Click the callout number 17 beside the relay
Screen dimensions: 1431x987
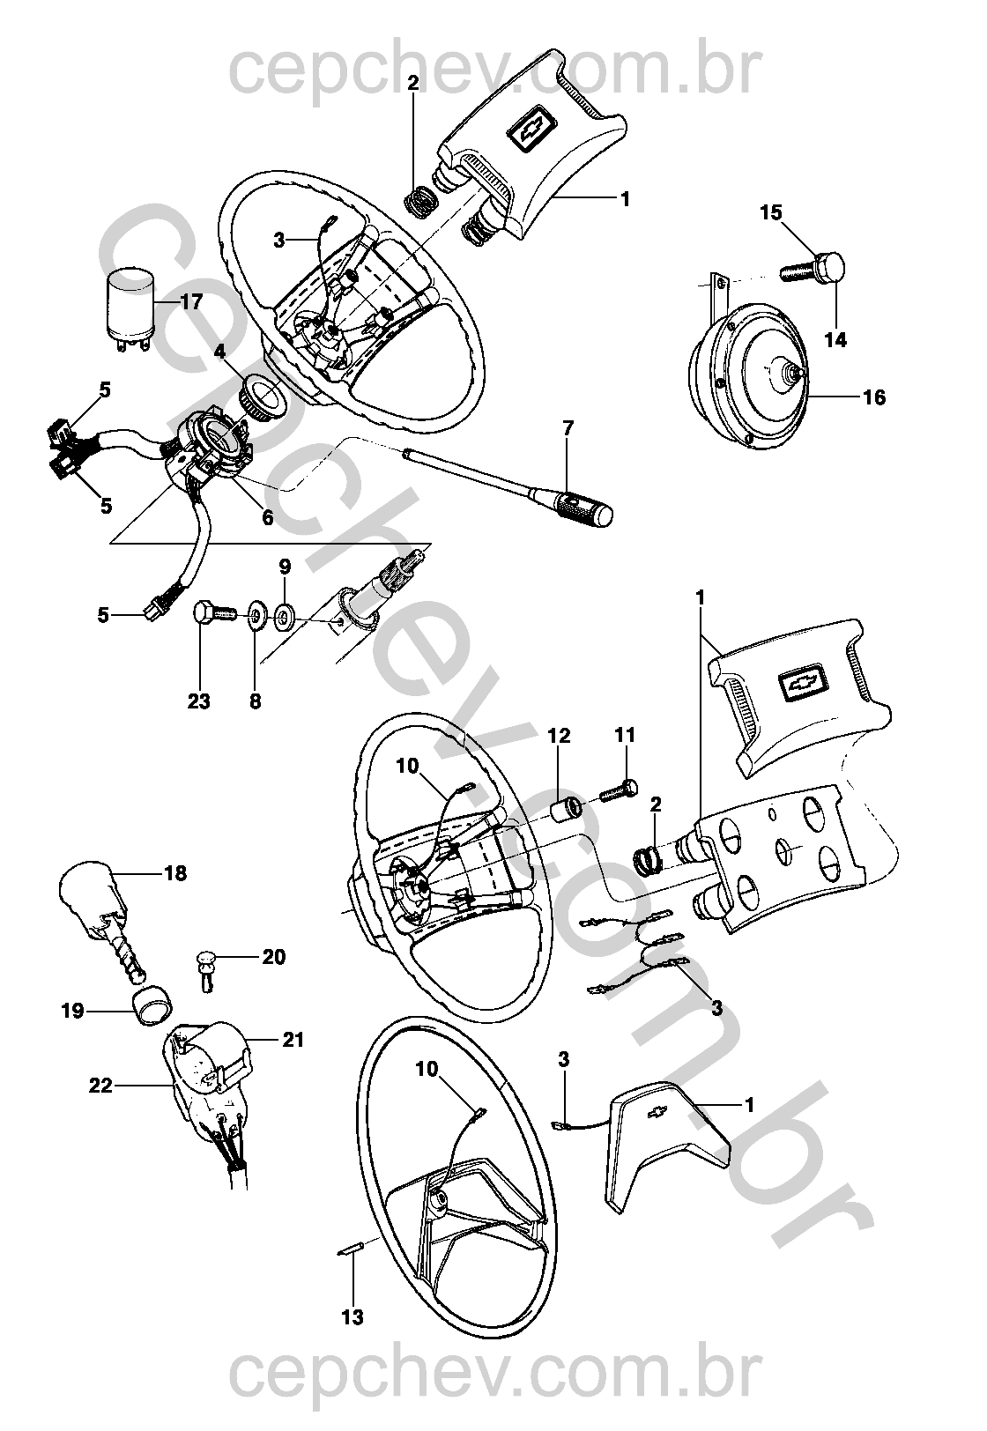190,301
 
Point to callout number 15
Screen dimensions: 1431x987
771,212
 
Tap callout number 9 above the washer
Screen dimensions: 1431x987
285,565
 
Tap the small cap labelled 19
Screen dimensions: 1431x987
152,1005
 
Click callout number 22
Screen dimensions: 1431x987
100,1086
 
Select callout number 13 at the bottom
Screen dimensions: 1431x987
353,1317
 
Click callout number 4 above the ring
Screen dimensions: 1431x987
219,351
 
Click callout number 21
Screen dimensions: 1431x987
293,1040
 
